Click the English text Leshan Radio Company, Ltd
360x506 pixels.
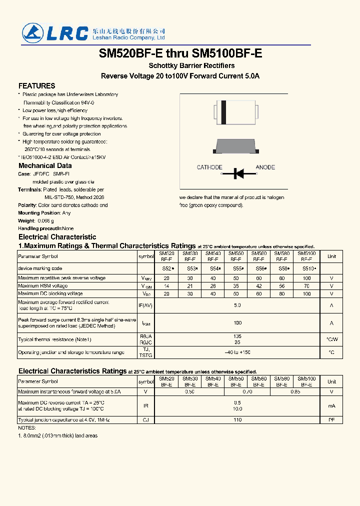pyautogui.click(x=128, y=38)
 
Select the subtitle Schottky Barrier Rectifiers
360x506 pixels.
pyautogui.click(x=191, y=66)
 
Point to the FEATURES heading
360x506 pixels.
pyautogui.click(x=36, y=86)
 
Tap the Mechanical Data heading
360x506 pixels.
pyautogui.click(x=45, y=165)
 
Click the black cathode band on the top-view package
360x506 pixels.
pyautogui.click(x=223, y=112)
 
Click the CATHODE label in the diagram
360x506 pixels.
pyautogui.click(x=209, y=167)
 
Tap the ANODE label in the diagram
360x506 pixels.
pyautogui.click(x=265, y=167)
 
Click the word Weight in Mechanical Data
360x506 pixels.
pyautogui.click(x=26, y=220)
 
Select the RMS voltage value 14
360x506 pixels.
pyautogui.click(x=166, y=286)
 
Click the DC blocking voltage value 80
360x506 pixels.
pyautogui.click(x=282, y=293)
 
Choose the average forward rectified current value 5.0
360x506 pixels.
pyautogui.click(x=237, y=305)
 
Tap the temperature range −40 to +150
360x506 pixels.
pyautogui.click(x=237, y=352)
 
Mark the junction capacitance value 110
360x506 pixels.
pyautogui.click(x=237, y=420)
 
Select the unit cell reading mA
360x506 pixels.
pyautogui.click(x=331, y=406)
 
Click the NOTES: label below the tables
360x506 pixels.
pyautogui.click(x=27, y=428)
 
